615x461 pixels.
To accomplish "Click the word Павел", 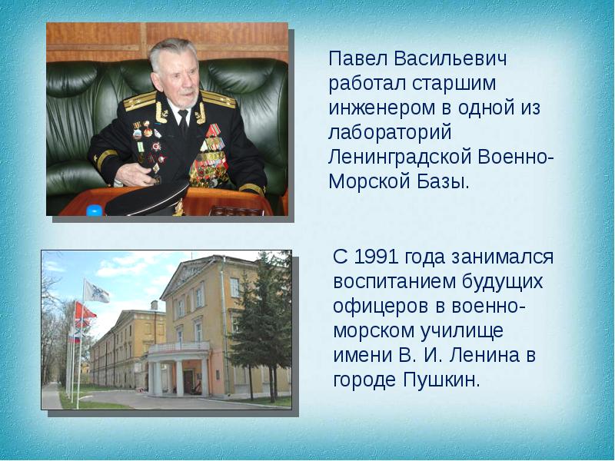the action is pos(358,59).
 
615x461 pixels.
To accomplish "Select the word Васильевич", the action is pos(450,59).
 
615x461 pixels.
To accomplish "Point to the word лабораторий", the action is pos(390,132).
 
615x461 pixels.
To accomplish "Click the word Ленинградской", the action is pos(400,158).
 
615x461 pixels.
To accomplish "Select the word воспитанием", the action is pos(394,282).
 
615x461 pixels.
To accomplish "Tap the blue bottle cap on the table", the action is pos(94,211).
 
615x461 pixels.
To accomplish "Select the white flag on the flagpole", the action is pos(96,292).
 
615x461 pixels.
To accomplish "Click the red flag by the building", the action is pos(85,311).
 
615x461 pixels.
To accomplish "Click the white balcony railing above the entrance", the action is pos(178,347).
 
